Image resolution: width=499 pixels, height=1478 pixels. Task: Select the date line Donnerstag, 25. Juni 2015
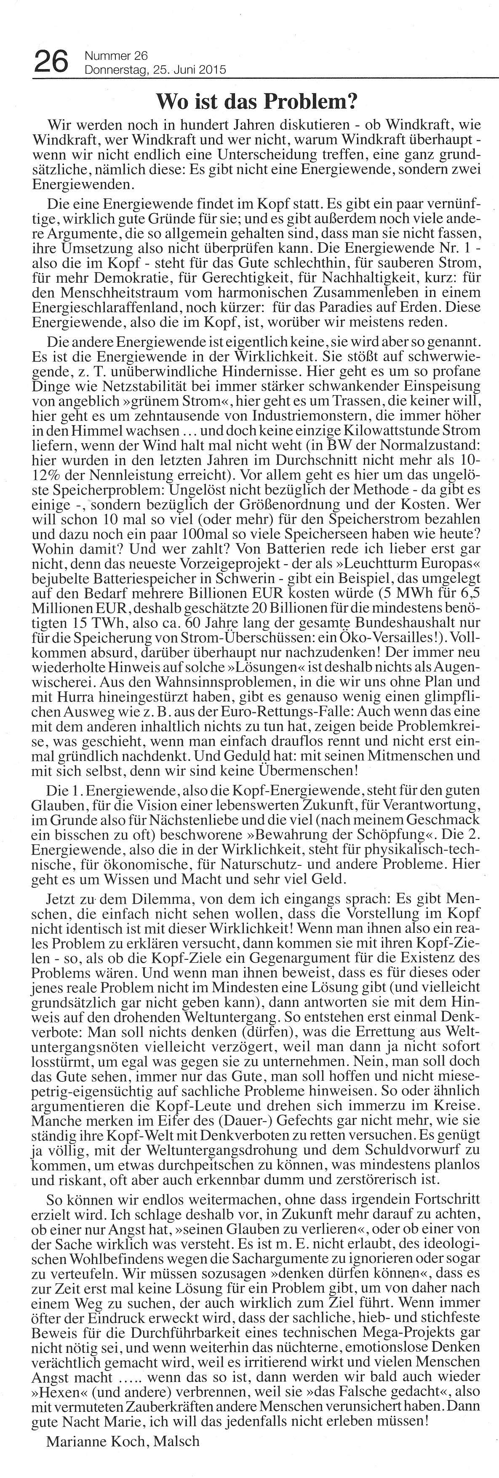click(x=155, y=70)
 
